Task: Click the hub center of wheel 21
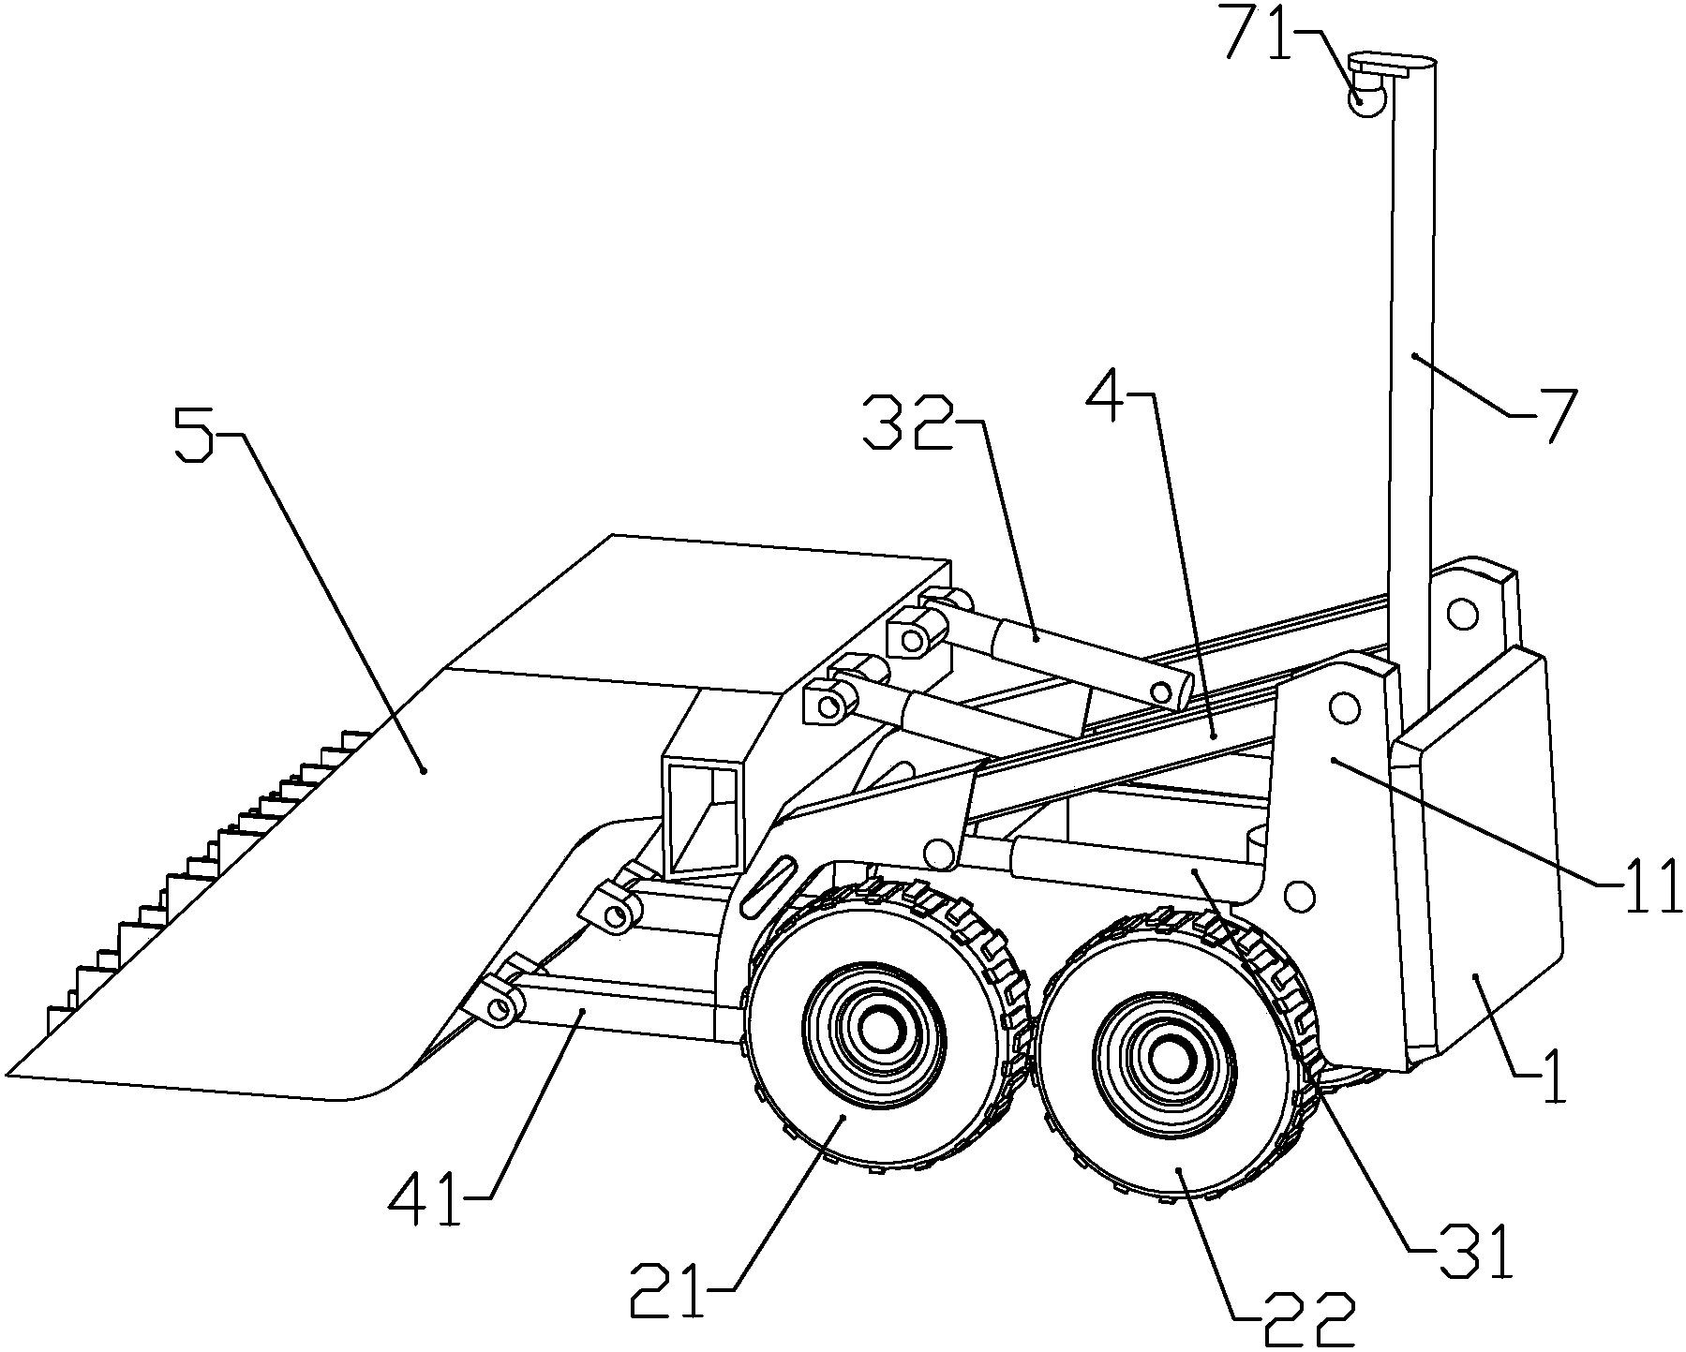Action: click(x=875, y=1034)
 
